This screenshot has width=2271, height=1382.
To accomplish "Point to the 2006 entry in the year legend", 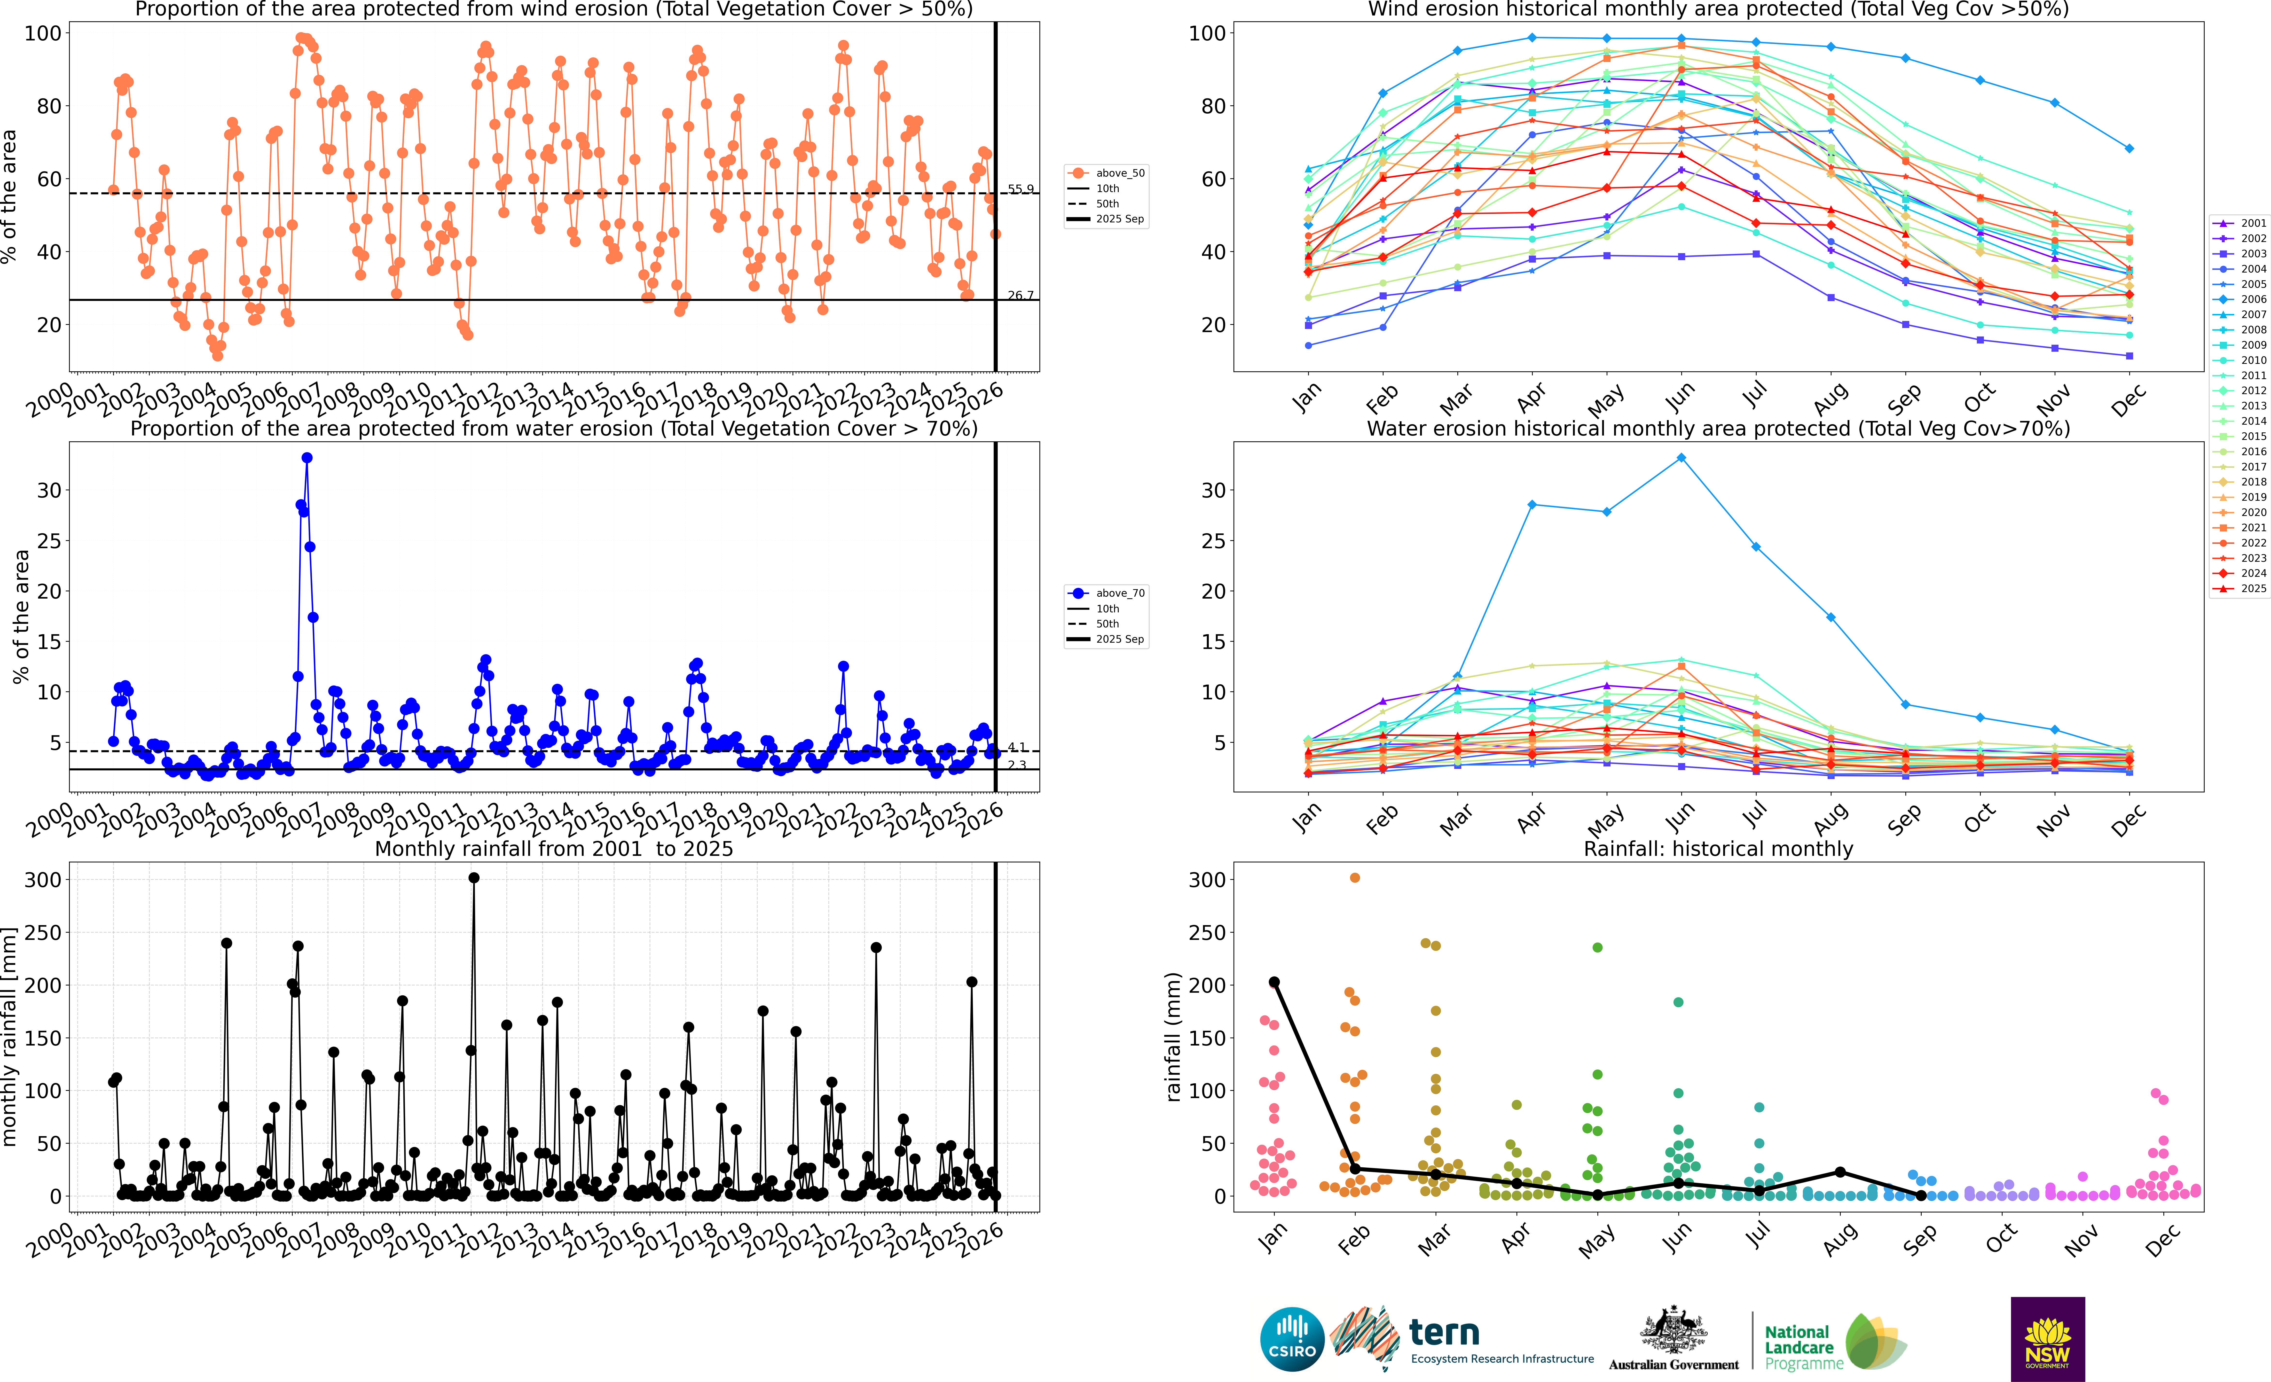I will (2253, 299).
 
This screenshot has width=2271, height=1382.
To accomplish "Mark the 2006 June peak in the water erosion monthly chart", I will (1681, 458).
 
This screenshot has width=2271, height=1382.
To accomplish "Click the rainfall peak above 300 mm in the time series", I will (474, 878).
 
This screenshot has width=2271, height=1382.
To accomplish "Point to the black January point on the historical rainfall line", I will (1274, 982).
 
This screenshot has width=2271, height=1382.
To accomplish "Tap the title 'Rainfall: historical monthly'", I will (1718, 849).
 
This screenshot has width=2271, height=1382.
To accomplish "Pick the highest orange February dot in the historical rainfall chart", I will (1355, 878).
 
